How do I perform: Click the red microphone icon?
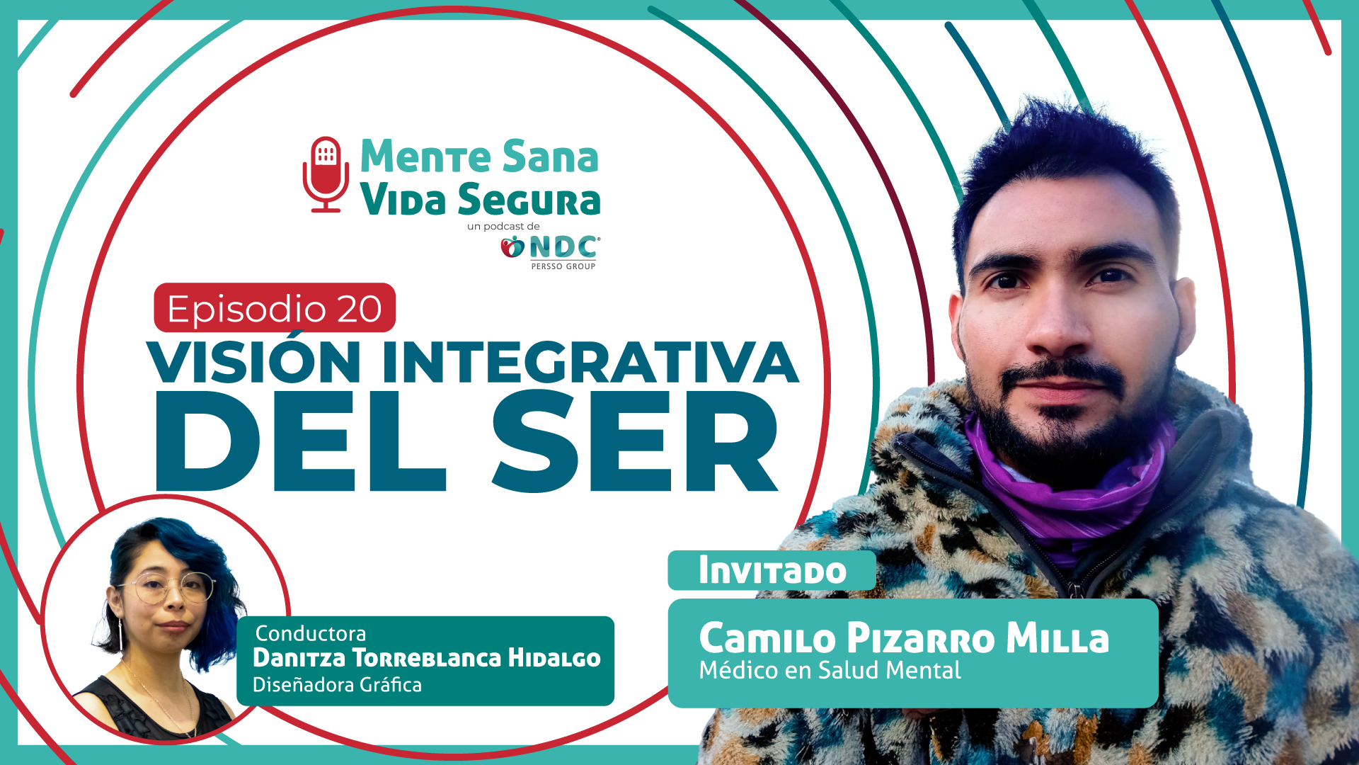tap(326, 174)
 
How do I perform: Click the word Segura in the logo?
tap(529, 199)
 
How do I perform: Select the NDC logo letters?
tap(563, 247)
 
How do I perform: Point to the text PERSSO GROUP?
tap(563, 266)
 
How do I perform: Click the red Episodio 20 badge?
tap(275, 307)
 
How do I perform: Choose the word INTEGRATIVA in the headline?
tap(590, 362)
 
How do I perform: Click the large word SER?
tap(635, 441)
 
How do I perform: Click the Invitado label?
tap(772, 571)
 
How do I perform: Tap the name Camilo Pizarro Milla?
tap(904, 637)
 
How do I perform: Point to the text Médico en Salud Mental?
tap(830, 670)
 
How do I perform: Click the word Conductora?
tap(311, 633)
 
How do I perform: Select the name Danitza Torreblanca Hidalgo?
tap(427, 657)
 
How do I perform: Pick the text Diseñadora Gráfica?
tap(337, 685)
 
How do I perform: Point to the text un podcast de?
tap(503, 227)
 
